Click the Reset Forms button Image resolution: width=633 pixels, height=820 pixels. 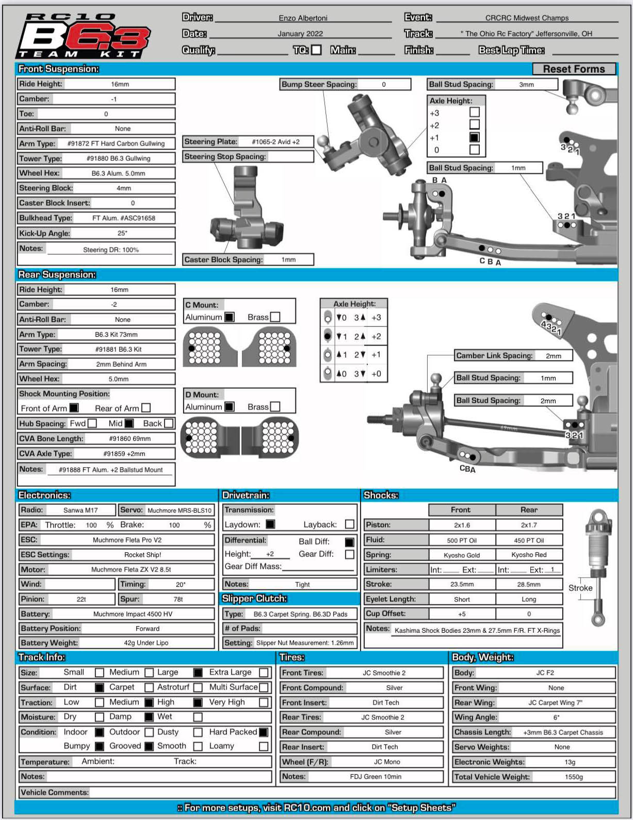pos(574,69)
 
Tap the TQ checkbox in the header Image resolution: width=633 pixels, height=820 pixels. pos(317,50)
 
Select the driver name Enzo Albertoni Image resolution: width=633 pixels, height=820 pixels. pos(303,18)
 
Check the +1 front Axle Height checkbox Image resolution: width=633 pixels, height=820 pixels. pos(475,137)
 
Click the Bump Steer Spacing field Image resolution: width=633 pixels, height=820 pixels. pos(384,85)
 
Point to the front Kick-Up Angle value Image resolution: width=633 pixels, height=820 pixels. pos(122,233)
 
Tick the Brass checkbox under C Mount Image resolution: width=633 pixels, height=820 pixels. pos(275,317)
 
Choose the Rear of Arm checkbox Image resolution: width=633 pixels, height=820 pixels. pos(146,408)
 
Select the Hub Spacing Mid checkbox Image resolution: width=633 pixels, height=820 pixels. pos(129,423)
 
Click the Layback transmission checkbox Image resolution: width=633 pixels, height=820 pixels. pos(349,524)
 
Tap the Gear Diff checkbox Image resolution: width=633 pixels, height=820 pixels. pos(349,554)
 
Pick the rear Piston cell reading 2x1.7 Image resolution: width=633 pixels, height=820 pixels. pos(529,525)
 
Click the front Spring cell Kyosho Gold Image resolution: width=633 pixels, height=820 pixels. pos(462,555)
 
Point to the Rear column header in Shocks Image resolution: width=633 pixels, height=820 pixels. pos(529,510)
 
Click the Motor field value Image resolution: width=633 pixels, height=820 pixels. pos(131,569)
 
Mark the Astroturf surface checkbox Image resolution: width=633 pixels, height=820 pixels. pos(198,687)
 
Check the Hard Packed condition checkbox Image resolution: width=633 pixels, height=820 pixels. pos(264,732)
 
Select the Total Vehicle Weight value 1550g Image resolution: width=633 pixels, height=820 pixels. pos(574,777)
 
